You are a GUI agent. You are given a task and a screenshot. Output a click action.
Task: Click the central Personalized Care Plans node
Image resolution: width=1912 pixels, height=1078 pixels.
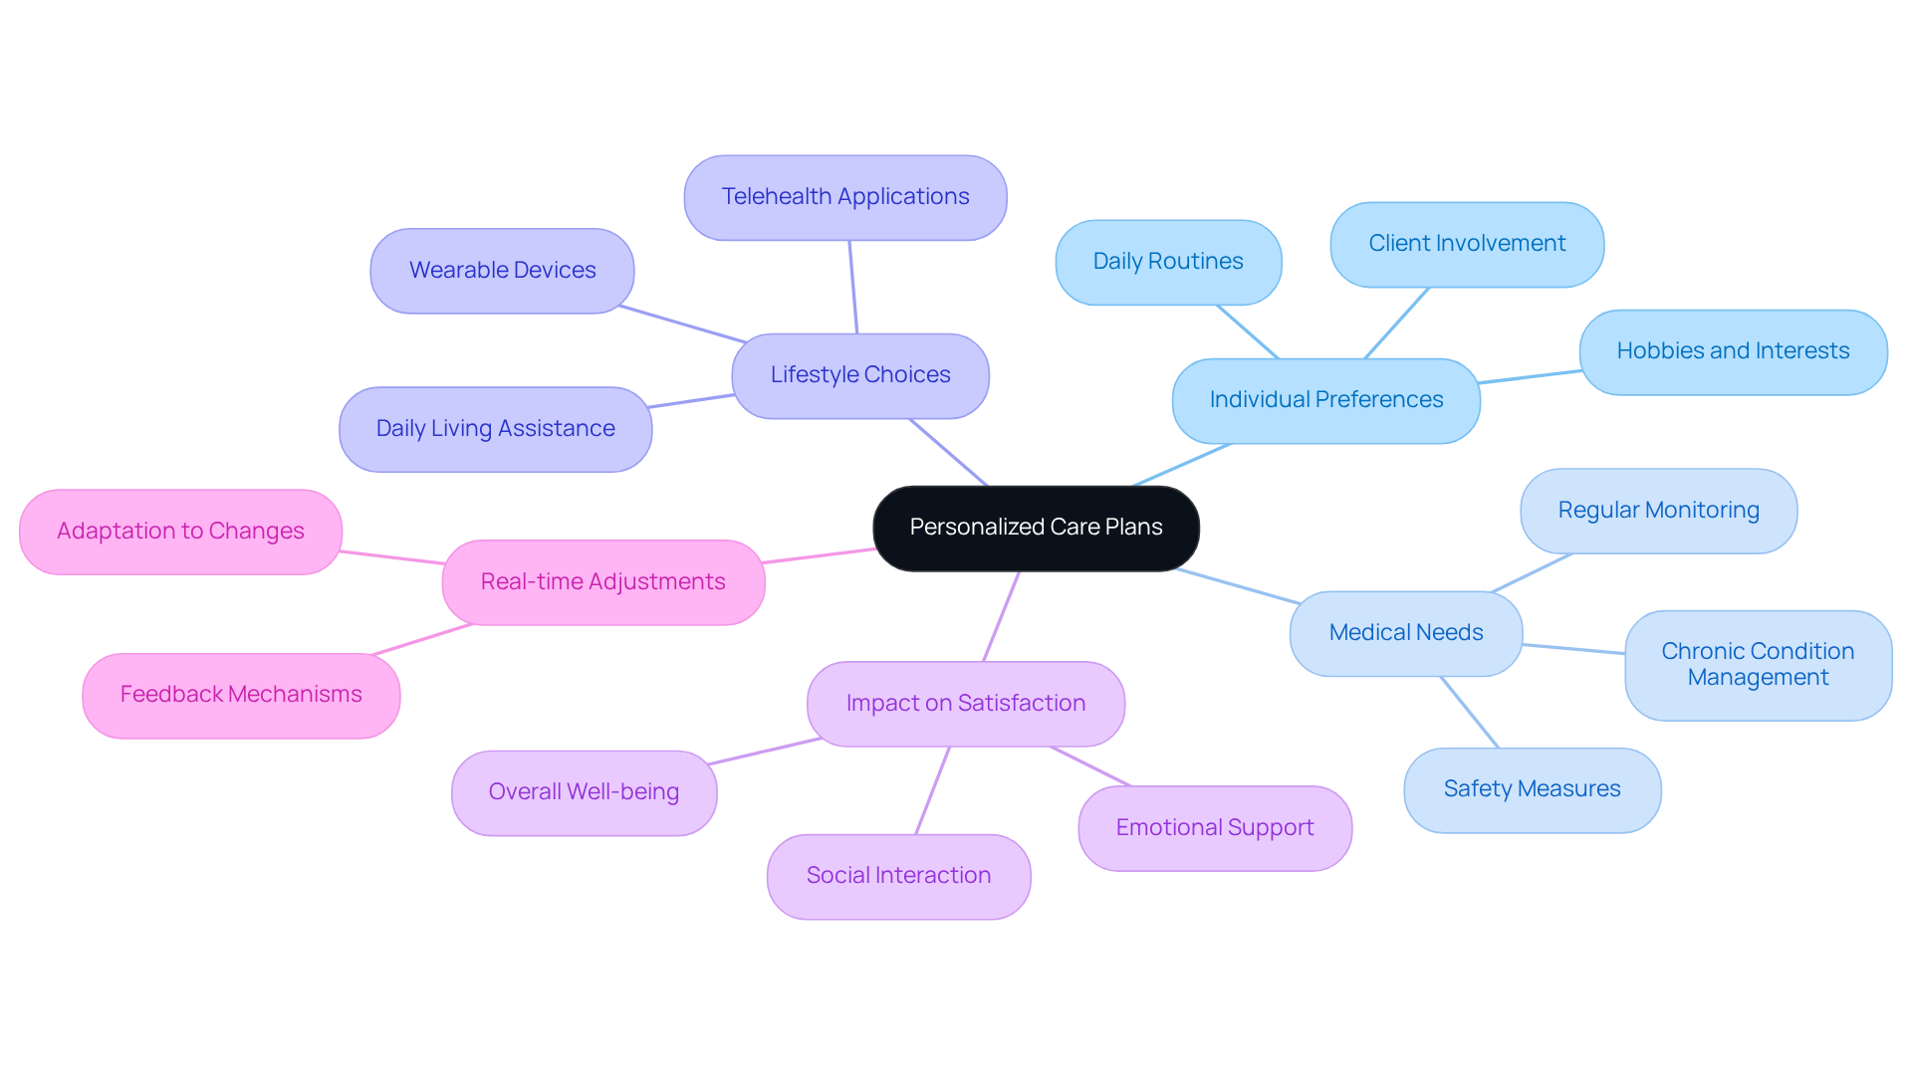[1036, 528]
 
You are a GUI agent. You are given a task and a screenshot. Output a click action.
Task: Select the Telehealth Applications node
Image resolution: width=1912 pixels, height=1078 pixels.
[845, 197]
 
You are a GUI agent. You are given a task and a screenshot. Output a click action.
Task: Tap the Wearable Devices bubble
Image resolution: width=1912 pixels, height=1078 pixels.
[502, 271]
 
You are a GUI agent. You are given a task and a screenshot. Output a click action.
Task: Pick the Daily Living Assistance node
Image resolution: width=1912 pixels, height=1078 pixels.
[495, 429]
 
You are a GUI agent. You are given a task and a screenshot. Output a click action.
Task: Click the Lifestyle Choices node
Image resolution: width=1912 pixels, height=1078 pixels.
[860, 375]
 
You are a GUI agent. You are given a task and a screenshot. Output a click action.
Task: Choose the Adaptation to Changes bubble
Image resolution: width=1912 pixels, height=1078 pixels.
[180, 532]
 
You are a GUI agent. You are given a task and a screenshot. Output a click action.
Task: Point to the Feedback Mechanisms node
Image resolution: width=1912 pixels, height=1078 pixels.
[241, 695]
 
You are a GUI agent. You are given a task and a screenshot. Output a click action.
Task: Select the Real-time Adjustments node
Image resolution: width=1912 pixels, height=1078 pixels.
[602, 582]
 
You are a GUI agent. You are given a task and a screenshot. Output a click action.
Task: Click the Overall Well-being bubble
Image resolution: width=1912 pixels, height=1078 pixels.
[584, 792]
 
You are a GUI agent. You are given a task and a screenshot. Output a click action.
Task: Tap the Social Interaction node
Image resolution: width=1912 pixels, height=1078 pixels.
[898, 876]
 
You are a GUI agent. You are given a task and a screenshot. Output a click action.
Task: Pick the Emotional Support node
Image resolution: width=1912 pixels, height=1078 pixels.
[1215, 828]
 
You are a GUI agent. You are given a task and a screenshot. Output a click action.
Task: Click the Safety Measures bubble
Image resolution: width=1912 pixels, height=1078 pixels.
[1532, 789]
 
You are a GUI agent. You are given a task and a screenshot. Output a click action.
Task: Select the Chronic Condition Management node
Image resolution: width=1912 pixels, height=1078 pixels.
[1758, 665]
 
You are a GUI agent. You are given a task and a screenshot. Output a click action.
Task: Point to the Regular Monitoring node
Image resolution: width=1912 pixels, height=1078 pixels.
[1658, 511]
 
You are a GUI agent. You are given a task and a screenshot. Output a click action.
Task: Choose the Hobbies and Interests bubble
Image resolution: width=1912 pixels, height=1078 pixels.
[1733, 351]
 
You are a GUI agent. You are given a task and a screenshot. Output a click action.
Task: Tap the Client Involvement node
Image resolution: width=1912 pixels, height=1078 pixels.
[1467, 244]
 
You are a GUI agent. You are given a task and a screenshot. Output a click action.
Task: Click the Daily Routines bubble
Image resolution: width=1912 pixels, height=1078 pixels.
[1168, 262]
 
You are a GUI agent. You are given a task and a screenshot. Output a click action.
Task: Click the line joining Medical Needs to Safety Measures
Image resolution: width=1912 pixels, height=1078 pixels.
[1469, 712]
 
